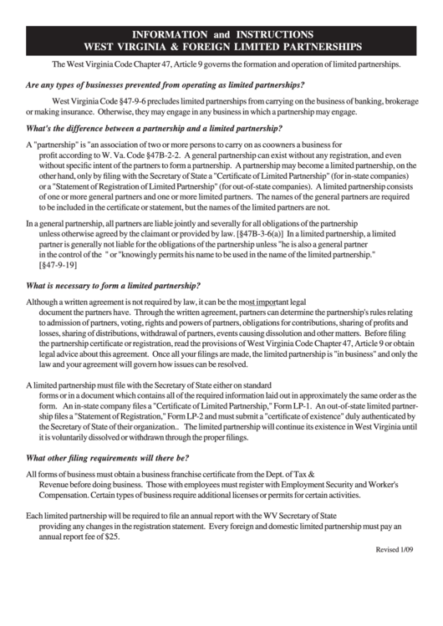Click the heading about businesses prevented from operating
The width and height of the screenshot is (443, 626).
point(165,85)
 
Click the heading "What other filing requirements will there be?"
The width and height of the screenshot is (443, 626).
point(108,458)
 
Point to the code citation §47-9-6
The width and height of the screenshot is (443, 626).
point(127,100)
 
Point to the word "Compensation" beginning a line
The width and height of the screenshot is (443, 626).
point(68,495)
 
